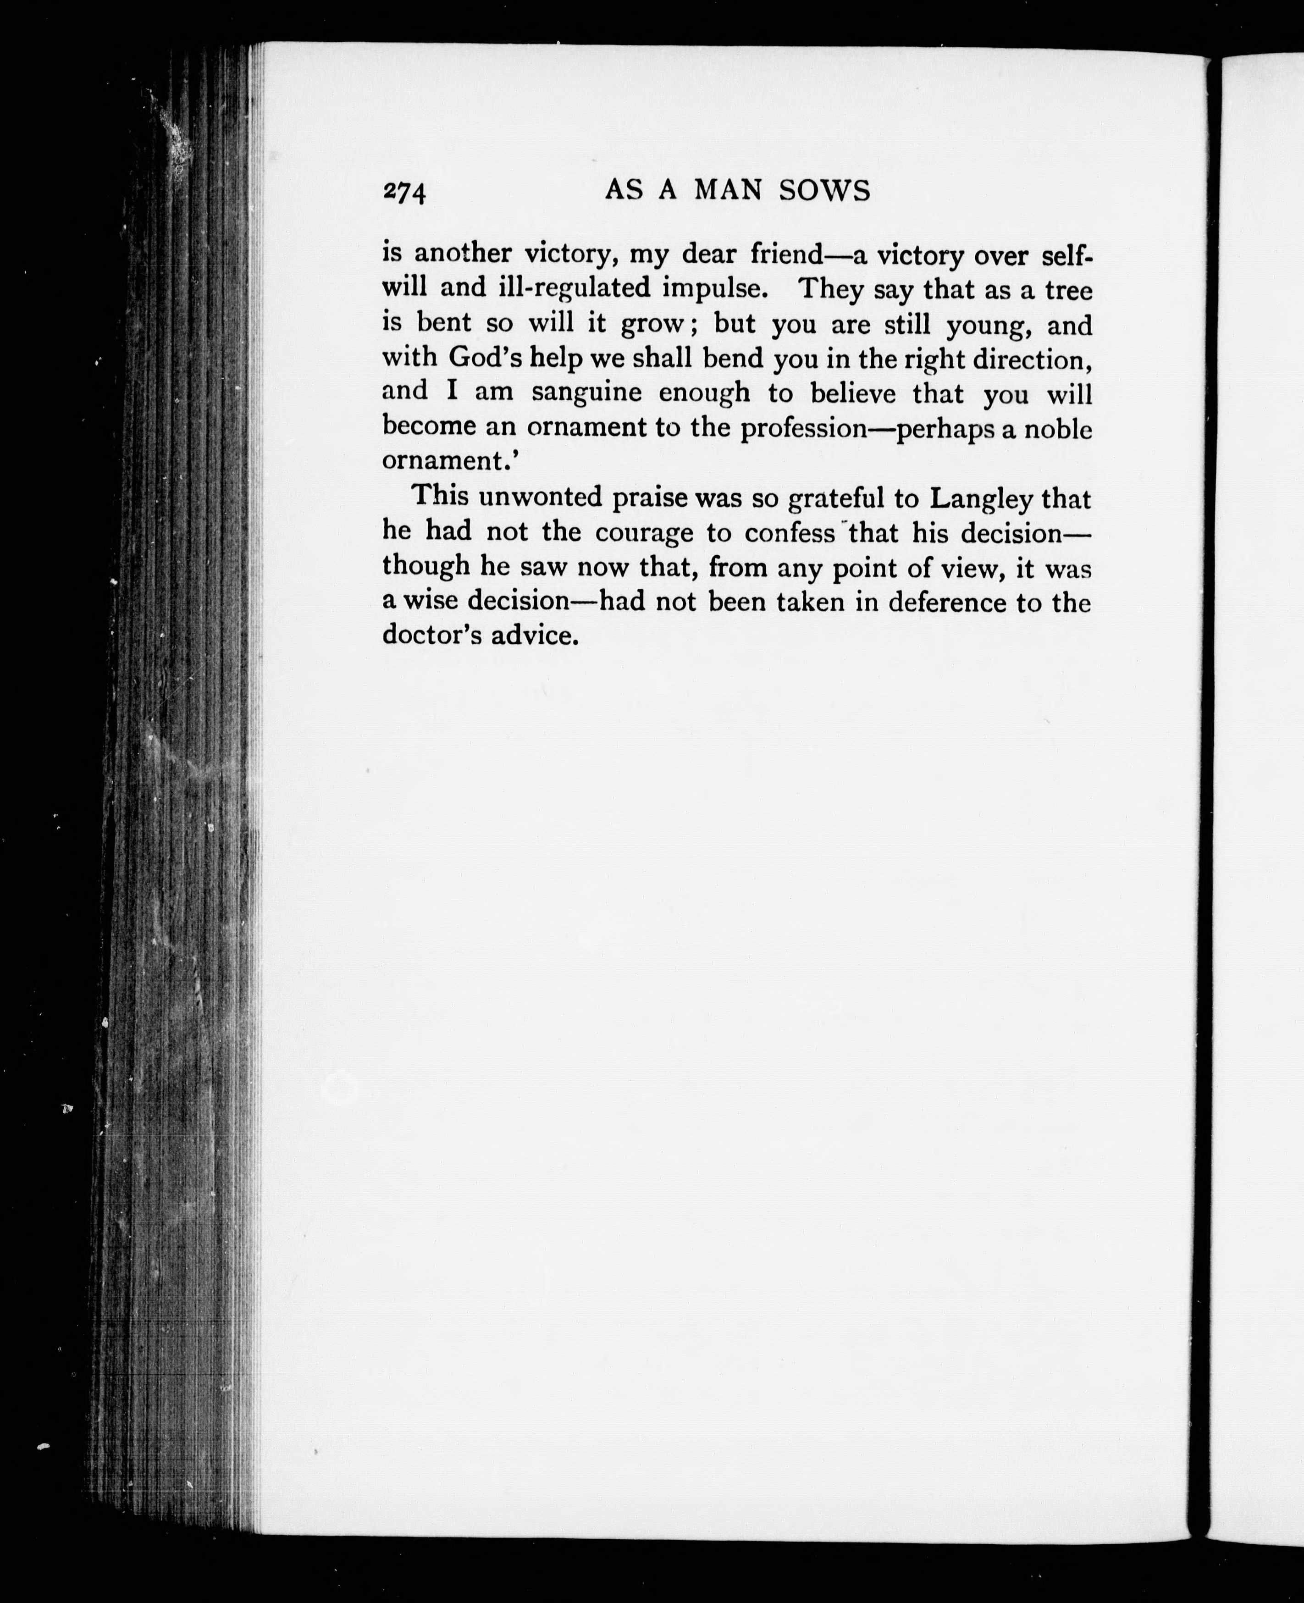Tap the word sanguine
586,392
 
